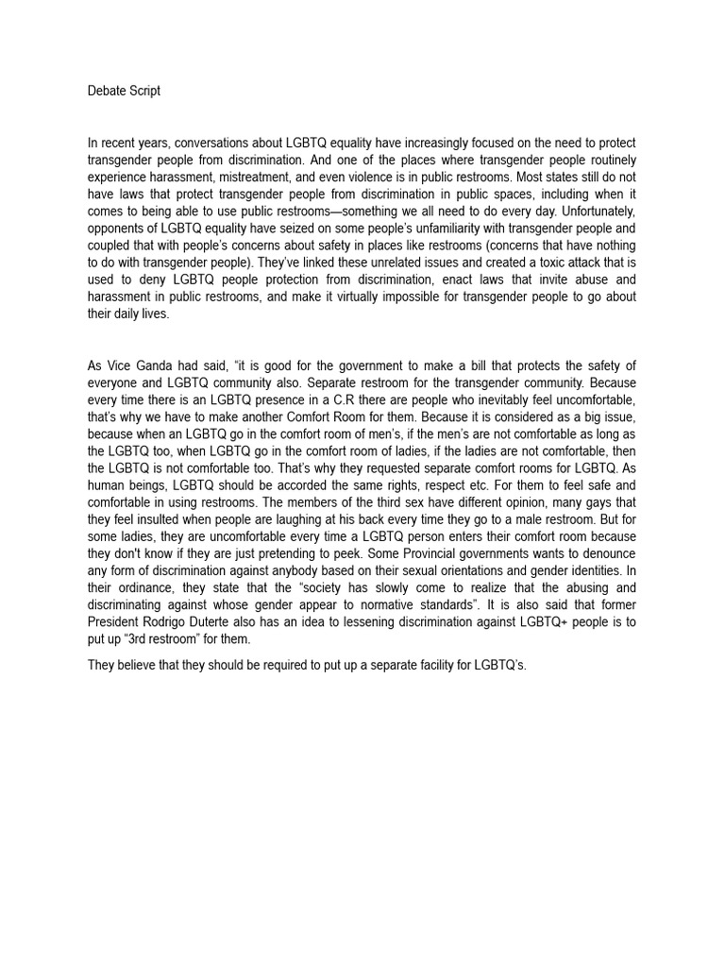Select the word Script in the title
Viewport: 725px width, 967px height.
click(x=145, y=91)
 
